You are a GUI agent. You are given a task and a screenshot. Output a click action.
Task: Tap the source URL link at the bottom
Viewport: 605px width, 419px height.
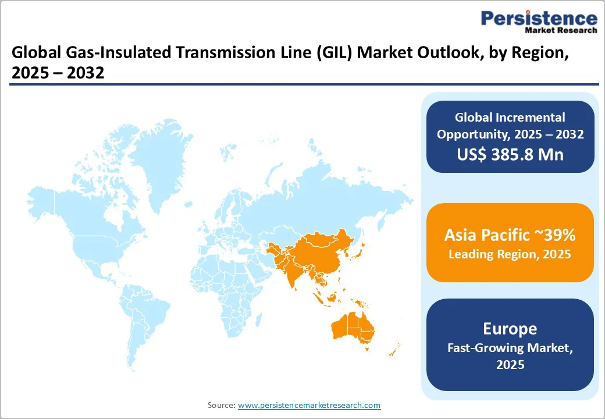[309, 405]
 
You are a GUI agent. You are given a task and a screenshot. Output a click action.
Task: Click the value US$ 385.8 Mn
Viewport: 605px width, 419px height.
[510, 155]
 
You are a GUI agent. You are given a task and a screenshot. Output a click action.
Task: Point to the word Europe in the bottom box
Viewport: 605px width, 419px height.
[510, 328]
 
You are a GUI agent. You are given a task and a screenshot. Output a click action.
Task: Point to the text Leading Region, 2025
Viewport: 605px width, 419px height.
[510, 254]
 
